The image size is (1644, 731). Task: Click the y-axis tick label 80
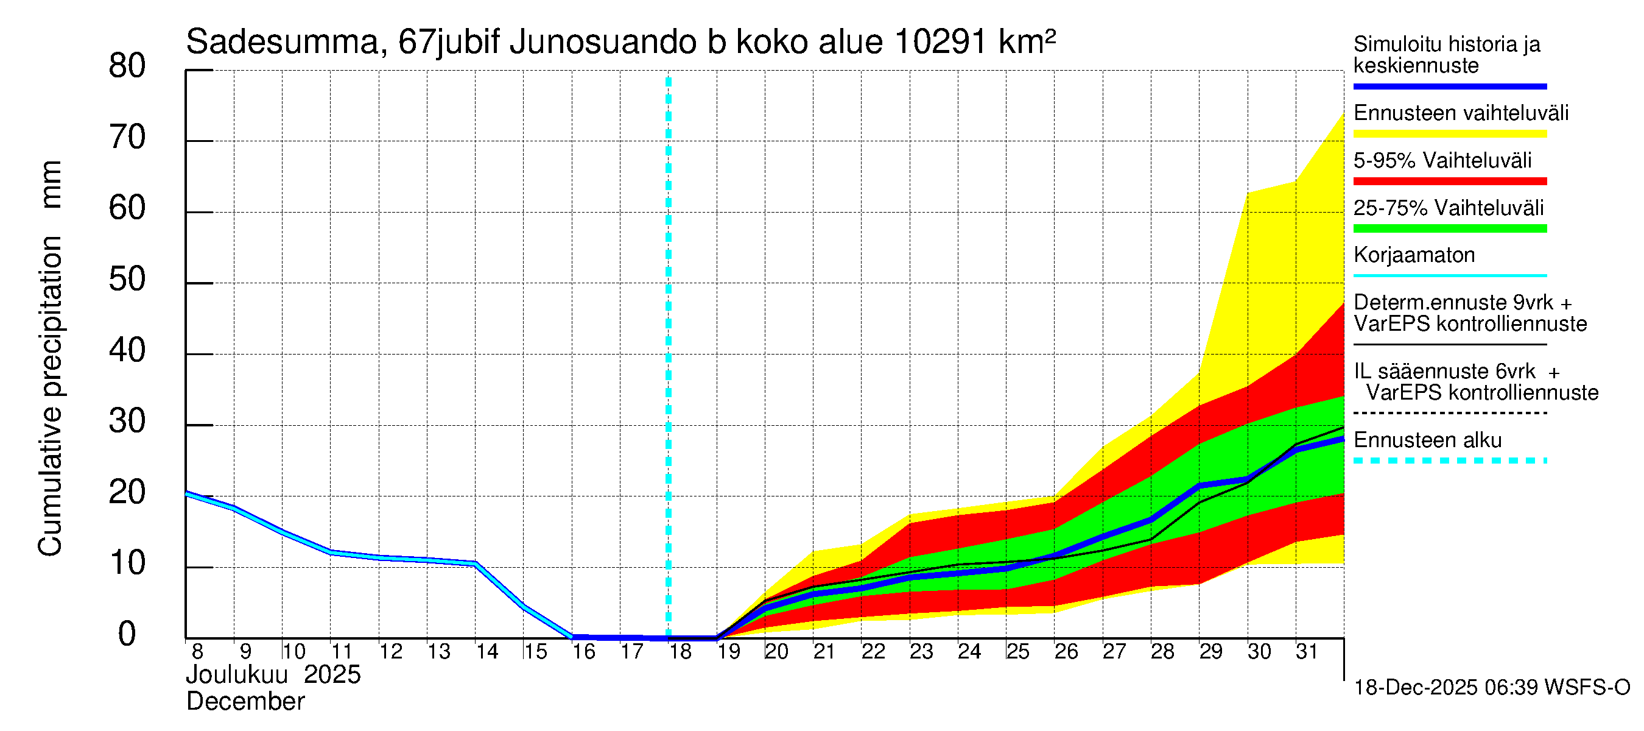click(127, 66)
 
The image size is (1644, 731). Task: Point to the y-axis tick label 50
click(127, 280)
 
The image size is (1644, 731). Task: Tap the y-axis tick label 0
click(127, 634)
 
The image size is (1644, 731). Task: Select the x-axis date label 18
click(680, 652)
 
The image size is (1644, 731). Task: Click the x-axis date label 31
click(1307, 652)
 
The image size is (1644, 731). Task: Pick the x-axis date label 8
click(197, 652)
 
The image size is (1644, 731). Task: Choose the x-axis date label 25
click(1017, 652)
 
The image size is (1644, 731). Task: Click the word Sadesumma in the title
click(283, 43)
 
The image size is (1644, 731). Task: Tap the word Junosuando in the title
click(603, 43)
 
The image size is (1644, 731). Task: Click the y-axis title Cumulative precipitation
click(51, 396)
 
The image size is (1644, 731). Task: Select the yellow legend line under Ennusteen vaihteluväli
click(1449, 134)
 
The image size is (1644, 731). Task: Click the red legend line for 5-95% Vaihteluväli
click(1449, 182)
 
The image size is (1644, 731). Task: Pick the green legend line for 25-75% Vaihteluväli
click(1449, 228)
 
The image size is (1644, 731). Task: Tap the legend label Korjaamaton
click(1414, 255)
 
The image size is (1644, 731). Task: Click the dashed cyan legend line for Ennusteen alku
click(1449, 461)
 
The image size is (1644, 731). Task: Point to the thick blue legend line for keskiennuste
click(1449, 86)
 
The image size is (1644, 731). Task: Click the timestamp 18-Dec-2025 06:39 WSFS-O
click(1491, 688)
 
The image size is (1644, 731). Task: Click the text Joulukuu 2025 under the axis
click(273, 675)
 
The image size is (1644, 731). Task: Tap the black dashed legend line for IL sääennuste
click(1449, 413)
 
